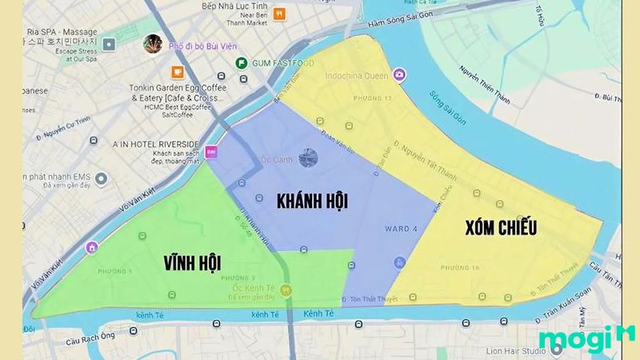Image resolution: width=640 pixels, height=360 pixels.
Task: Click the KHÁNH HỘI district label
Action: tap(312, 201)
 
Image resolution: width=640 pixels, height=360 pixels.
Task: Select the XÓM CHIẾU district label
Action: tap(501, 227)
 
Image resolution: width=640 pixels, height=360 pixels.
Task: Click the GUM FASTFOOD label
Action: tap(276, 63)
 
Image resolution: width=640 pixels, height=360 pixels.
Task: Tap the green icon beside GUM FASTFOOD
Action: tap(241, 63)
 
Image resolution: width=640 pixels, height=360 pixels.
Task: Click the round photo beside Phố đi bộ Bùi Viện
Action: tap(152, 44)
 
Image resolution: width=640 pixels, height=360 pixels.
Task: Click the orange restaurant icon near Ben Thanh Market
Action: tap(278, 14)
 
